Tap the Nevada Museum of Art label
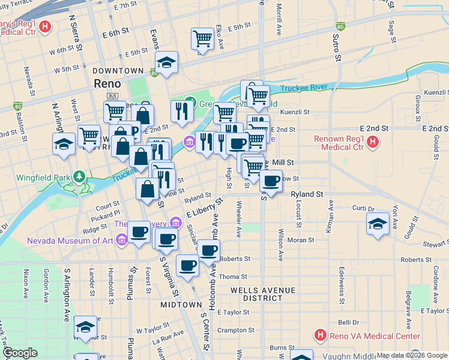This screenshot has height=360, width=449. point(70,241)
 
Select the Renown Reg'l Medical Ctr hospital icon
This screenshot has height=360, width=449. point(373,142)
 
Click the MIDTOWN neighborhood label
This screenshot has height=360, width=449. point(181,305)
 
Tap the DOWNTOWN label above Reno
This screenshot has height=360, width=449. point(119,71)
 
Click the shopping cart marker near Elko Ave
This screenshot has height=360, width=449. point(202,39)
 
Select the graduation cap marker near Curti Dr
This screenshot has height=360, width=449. point(377,224)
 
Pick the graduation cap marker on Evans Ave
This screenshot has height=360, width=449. point(167,62)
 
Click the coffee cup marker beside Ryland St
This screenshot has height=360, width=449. point(271,180)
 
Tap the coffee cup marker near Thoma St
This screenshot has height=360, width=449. point(187,265)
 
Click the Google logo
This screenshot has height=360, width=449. point(20,353)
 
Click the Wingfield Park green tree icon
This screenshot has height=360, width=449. point(78,177)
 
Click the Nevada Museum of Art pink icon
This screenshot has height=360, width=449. point(122,241)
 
